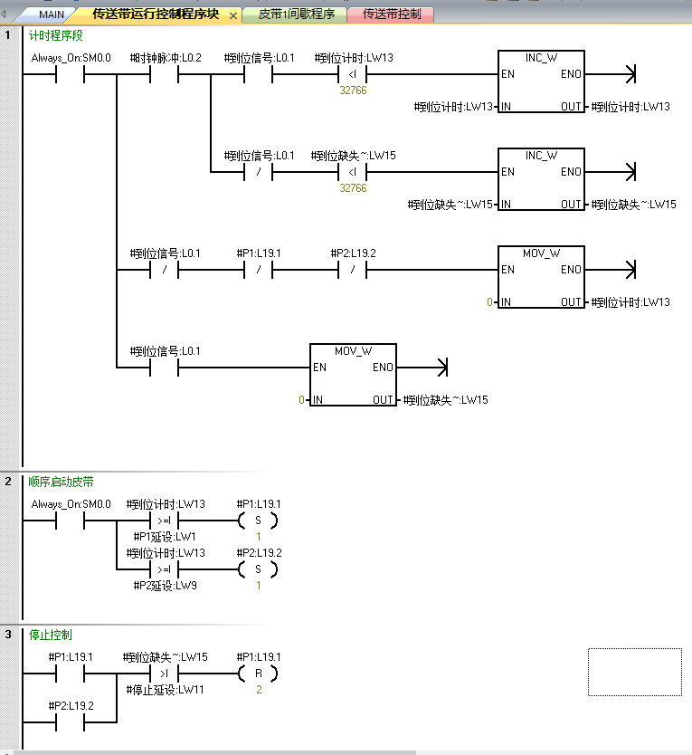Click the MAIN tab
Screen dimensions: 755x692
(x=51, y=14)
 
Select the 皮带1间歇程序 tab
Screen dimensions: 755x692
(x=296, y=14)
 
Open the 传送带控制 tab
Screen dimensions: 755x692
(x=392, y=14)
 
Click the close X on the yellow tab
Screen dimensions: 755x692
(x=233, y=15)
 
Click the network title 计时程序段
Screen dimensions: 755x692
(x=56, y=36)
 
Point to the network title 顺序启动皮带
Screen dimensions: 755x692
(x=61, y=482)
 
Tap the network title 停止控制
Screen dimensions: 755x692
(x=51, y=635)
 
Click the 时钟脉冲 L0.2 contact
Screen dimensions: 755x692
(x=165, y=74)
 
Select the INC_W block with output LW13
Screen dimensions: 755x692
(x=541, y=81)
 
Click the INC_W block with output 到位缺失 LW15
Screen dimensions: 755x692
(x=541, y=179)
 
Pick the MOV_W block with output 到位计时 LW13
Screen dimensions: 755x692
(x=541, y=277)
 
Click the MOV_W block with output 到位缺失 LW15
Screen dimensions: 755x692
(x=353, y=375)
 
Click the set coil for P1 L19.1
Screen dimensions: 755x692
(x=258, y=521)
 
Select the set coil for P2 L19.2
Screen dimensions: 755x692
(x=258, y=569)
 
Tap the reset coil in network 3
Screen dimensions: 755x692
(x=258, y=674)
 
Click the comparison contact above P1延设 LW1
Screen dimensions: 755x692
(x=165, y=521)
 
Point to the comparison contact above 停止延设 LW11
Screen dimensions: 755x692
(x=165, y=674)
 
